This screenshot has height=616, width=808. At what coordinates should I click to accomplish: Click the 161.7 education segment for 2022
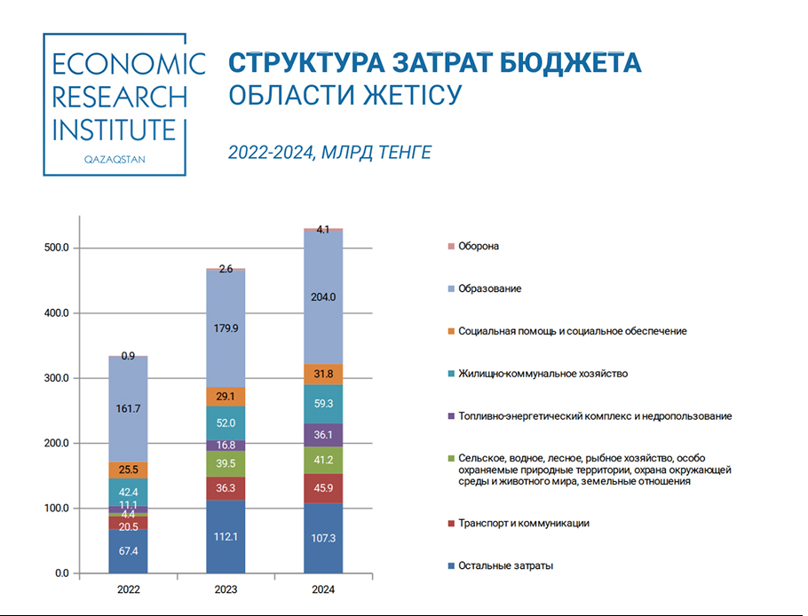click(129, 409)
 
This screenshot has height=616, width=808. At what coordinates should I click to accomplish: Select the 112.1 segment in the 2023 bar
click(226, 536)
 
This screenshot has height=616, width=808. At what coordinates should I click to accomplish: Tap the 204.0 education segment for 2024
click(323, 297)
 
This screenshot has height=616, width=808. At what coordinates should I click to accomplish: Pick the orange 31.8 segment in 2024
click(323, 374)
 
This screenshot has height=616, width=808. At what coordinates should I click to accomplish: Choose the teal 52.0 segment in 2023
click(226, 423)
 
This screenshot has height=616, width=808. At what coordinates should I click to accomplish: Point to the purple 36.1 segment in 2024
click(323, 435)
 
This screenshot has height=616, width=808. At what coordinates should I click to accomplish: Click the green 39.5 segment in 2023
click(226, 463)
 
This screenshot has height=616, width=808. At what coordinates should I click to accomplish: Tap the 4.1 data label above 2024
click(323, 230)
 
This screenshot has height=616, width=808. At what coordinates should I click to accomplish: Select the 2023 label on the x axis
click(226, 588)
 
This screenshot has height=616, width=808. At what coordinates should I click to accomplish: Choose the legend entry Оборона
click(478, 246)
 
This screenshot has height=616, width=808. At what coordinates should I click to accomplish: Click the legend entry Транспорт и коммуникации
click(523, 523)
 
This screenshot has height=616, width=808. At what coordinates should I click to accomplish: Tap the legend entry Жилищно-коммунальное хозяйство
click(543, 374)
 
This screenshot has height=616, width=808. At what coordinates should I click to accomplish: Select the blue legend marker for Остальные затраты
click(451, 565)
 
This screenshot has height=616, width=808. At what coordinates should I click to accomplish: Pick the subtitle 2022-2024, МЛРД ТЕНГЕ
click(329, 154)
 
